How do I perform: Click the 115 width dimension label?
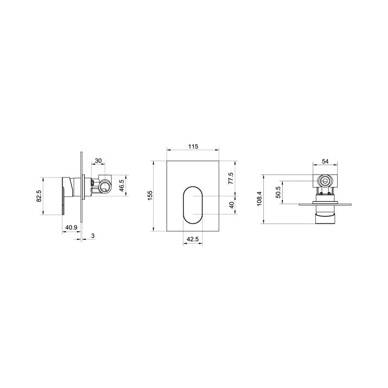[x=193, y=146]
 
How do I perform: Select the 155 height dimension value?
[x=150, y=194]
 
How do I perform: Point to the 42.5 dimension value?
[x=193, y=239]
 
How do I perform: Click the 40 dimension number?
[x=231, y=205]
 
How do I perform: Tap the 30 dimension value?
[x=98, y=161]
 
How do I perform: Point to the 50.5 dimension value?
[x=277, y=192]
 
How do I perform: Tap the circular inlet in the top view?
[x=325, y=181]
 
